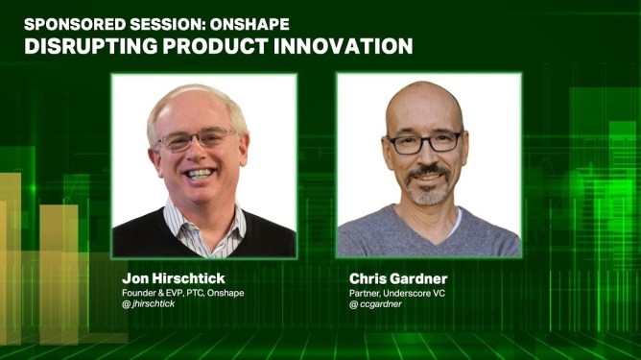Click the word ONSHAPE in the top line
[x=249, y=25]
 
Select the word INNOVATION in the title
[x=343, y=46]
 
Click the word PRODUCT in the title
[x=216, y=46]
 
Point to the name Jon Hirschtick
[x=174, y=278]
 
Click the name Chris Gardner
[x=398, y=278]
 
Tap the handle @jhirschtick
[x=149, y=304]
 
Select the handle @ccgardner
[x=375, y=304]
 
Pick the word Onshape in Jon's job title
[x=226, y=293]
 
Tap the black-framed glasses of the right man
[x=424, y=142]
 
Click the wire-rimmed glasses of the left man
[x=195, y=139]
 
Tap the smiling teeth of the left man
[x=200, y=174]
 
